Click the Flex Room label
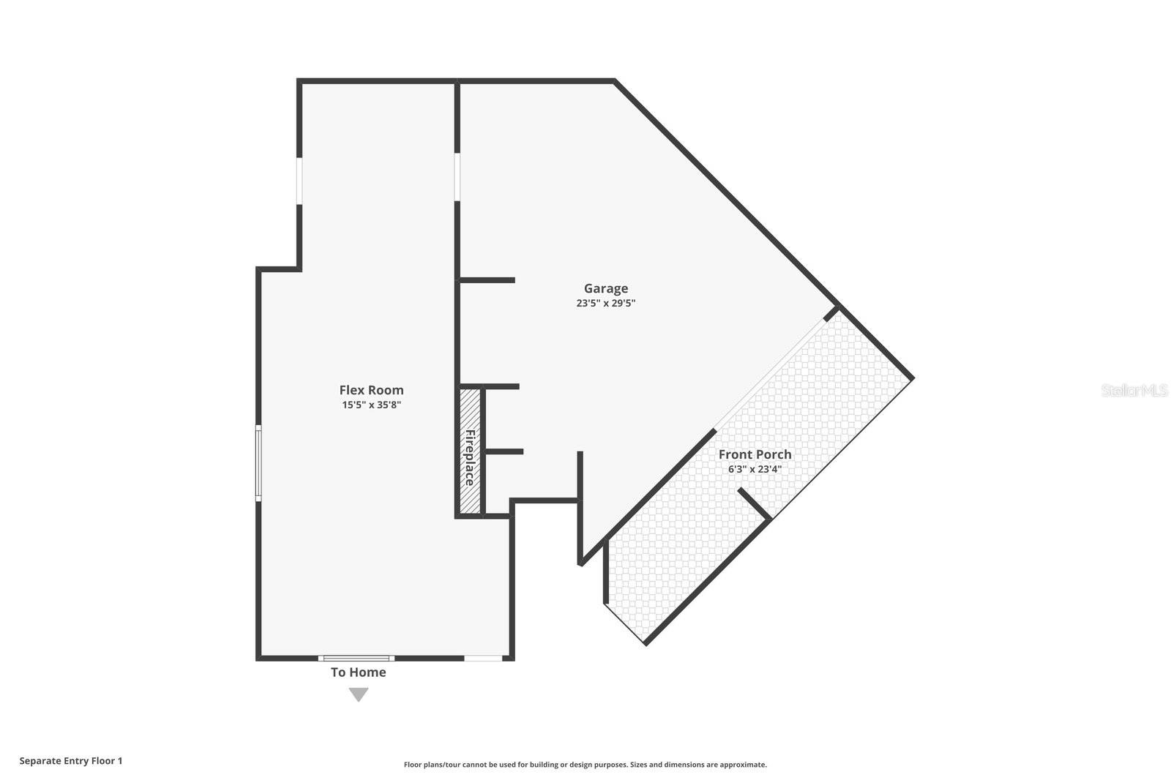tap(371, 390)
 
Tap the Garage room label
tap(605, 288)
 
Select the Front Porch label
tap(755, 454)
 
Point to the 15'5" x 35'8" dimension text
tap(371, 405)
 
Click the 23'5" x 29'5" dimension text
tap(605, 303)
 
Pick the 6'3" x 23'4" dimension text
tap(755, 469)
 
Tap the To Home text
tap(358, 672)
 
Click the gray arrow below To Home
tap(358, 694)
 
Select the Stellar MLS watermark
tap(1134, 390)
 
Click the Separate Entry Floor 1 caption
tap(71, 761)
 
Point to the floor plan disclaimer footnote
tap(585, 765)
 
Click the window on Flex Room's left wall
tap(258, 463)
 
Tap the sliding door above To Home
tap(356, 659)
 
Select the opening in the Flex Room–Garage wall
tap(457, 176)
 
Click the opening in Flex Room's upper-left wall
tap(299, 180)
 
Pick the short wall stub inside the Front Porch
tap(754, 504)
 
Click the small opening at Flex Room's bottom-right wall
tap(483, 659)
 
